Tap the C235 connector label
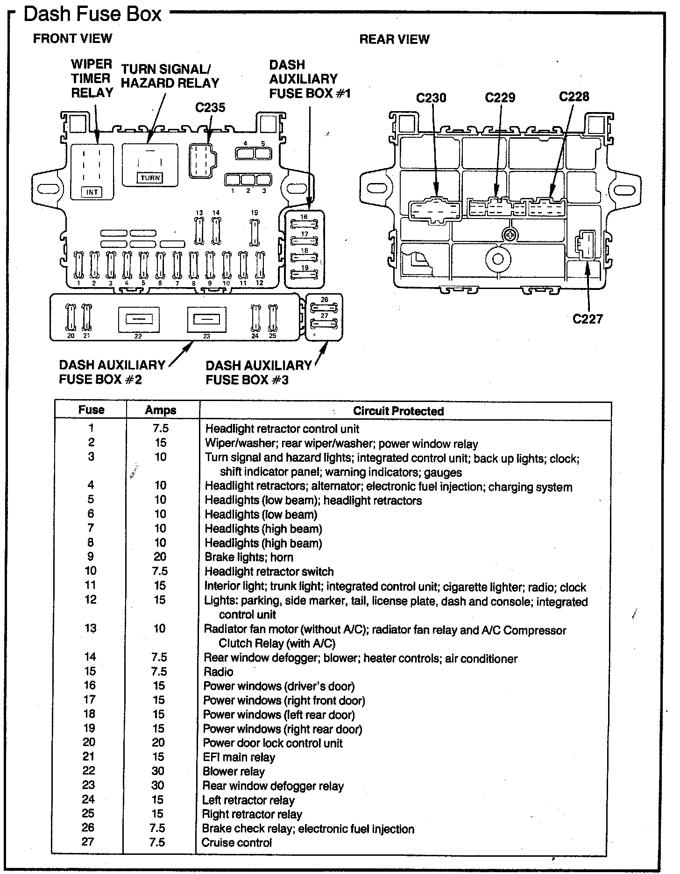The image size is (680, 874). point(210,107)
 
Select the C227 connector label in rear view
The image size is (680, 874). point(588,319)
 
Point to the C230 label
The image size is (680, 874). point(431,98)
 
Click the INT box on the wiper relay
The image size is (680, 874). point(92,192)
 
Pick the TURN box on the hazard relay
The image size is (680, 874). point(150,177)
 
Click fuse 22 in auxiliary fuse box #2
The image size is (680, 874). point(138,319)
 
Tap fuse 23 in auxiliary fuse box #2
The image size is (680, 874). point(207,318)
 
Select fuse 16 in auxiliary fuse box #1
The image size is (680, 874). point(304,223)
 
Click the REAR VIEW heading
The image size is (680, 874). point(394,39)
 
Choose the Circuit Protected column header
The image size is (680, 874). point(398,411)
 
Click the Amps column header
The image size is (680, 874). point(161,410)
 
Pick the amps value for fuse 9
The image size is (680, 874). point(160,557)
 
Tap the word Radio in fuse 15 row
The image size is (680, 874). point(219,671)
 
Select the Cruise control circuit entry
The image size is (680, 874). point(236,843)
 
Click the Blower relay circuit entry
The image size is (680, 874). point(234,771)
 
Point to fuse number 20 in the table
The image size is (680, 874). point(89,742)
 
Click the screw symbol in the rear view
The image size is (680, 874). point(511,234)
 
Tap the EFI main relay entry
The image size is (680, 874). point(239,757)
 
